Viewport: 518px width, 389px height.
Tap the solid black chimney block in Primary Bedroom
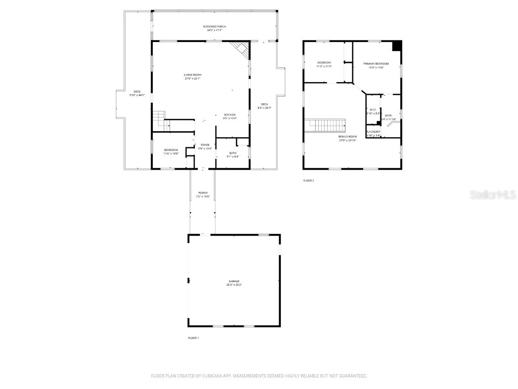click(397, 46)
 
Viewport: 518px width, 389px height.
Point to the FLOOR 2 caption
click(309, 180)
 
